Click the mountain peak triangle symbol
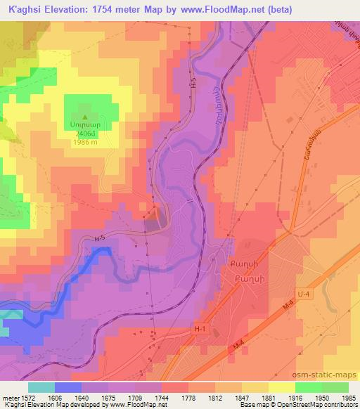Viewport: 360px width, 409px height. [x=85, y=117]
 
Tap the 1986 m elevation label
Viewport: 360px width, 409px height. [x=85, y=142]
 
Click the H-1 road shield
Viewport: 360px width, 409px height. [x=202, y=327]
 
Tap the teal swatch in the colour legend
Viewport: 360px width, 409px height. [x=41, y=387]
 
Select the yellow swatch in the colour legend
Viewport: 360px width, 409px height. [x=282, y=387]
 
